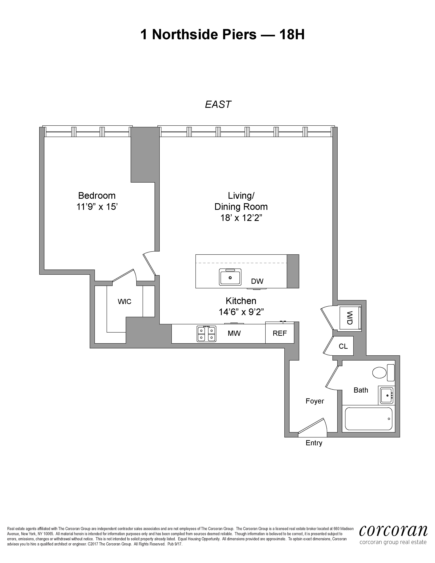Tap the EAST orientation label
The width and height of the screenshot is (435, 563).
coord(218,104)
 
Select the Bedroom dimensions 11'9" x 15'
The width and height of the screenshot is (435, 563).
coord(97,207)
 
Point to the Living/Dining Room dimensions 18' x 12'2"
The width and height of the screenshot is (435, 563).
coord(241,218)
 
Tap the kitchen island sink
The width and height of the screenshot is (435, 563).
coord(230,277)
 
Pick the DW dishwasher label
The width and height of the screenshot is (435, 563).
coord(257,281)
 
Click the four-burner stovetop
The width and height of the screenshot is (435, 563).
coord(206,334)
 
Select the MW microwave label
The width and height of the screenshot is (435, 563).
coord(234,333)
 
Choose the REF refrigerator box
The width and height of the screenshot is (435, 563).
coord(280,333)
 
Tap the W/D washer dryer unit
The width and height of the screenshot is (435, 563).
coord(350,318)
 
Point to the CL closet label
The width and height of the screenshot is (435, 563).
coord(343,346)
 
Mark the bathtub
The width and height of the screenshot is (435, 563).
coord(368,419)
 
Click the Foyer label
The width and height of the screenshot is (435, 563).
coord(315,401)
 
